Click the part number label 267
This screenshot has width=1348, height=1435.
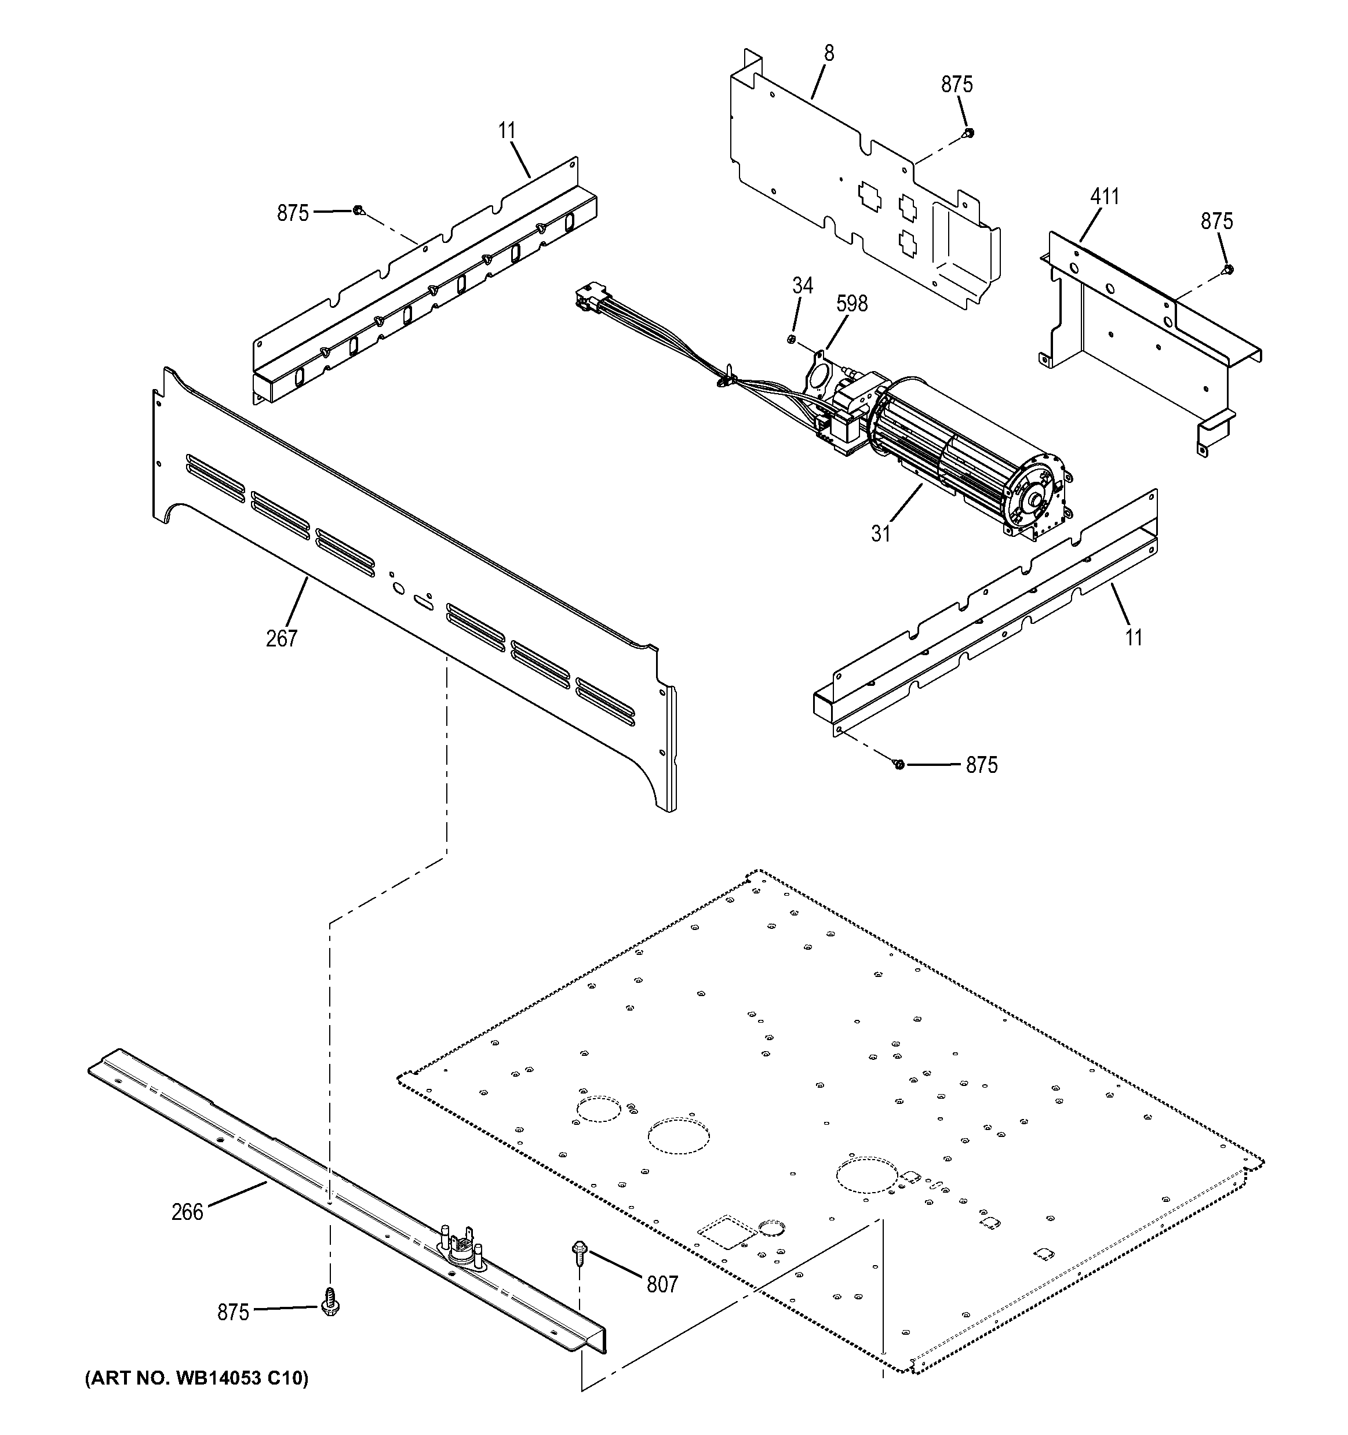click(x=282, y=638)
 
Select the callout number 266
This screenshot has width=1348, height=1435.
click(x=188, y=1212)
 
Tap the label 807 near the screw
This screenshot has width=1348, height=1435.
click(x=662, y=1284)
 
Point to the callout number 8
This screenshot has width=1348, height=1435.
click(x=829, y=53)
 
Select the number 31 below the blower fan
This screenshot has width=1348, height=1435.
click(x=880, y=534)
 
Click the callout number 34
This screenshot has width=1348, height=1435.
click(x=803, y=286)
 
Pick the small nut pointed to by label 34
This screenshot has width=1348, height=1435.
click(x=792, y=339)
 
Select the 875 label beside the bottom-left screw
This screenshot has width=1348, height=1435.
click(x=233, y=1312)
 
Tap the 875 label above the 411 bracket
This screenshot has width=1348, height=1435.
click(x=1216, y=221)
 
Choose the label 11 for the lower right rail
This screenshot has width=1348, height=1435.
click(x=1134, y=637)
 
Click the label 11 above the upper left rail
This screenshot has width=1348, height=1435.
click(x=507, y=130)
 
